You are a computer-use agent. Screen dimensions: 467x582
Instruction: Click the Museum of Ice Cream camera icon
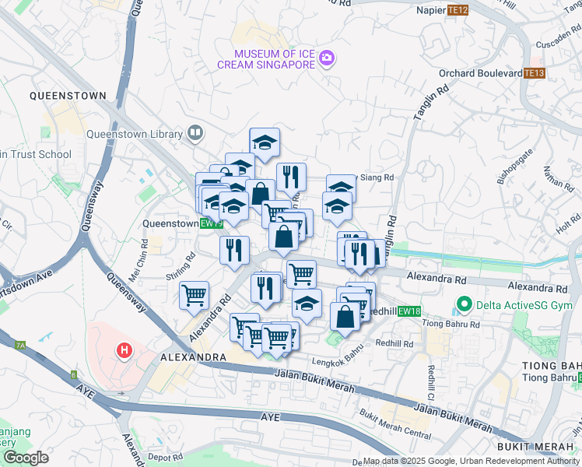pos(327,58)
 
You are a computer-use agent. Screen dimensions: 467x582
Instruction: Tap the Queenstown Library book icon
pos(195,134)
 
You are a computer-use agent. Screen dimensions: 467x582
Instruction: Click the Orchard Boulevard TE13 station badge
pos(534,74)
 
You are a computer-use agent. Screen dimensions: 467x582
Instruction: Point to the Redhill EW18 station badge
pos(408,311)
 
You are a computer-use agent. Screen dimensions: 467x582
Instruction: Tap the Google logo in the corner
pos(26,458)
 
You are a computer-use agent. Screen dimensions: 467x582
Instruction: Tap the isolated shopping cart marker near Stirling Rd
pos(194,294)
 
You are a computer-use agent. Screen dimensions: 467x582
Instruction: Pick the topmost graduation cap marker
pos(265,141)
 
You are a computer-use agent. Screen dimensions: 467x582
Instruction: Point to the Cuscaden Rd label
pos(552,44)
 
